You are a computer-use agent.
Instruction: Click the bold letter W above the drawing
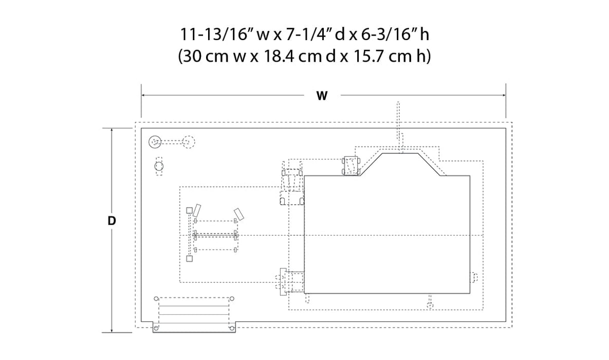pos(322,96)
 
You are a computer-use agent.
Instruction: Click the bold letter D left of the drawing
pos(112,221)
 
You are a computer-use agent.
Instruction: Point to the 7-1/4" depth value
pos(309,34)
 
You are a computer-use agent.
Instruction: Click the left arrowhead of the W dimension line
pos(143,95)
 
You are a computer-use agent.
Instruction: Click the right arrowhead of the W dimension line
pos(504,95)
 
